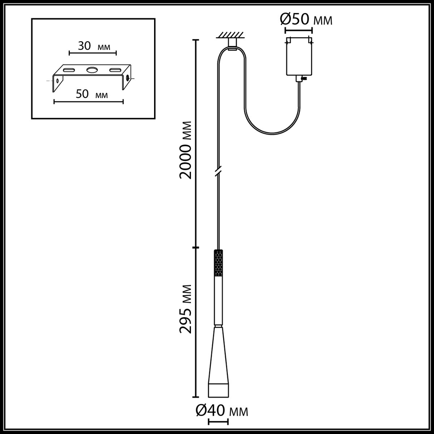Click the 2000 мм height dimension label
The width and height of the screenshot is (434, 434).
[186, 149]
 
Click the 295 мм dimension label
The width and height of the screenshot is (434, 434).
[186, 309]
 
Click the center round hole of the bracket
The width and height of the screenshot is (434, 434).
[92, 70]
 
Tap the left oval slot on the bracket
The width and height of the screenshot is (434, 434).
[69, 70]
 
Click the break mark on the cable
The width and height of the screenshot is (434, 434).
[219, 171]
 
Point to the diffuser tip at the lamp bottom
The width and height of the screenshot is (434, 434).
[218, 390]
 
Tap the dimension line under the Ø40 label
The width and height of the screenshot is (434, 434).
[218, 421]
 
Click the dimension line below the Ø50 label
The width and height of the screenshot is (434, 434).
[299, 31]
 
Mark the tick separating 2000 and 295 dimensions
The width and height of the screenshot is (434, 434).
[196, 248]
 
